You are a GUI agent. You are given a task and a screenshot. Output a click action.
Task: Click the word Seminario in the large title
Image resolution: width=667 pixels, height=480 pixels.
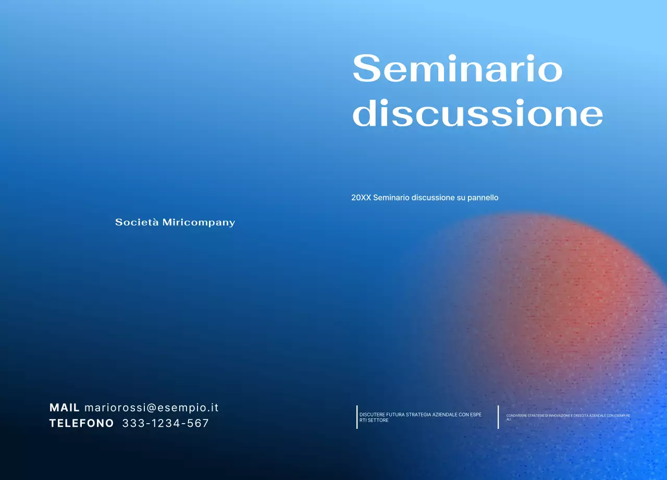click(x=458, y=69)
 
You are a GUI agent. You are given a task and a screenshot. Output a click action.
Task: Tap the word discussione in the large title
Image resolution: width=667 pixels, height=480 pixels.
click(x=477, y=113)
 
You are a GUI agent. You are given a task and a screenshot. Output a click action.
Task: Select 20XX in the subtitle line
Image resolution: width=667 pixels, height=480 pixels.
click(x=361, y=198)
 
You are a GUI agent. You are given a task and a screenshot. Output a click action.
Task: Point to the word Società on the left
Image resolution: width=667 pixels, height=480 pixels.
click(x=137, y=222)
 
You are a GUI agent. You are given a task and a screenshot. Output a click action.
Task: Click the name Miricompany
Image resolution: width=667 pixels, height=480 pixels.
click(x=199, y=223)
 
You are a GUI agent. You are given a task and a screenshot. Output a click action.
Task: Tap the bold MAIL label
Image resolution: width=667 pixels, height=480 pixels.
click(x=65, y=407)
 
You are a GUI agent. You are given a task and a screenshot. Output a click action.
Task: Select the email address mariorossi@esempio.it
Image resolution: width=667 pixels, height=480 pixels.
click(x=152, y=407)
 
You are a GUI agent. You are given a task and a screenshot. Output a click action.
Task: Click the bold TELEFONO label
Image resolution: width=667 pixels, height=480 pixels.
click(x=81, y=423)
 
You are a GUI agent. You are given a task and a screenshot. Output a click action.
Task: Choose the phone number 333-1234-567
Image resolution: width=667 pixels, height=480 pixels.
click(x=165, y=423)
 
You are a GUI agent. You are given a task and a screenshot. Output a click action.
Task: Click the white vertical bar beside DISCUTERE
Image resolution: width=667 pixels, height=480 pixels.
click(x=357, y=417)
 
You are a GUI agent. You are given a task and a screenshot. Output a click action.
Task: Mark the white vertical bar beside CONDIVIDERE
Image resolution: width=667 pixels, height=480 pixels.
click(x=498, y=417)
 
